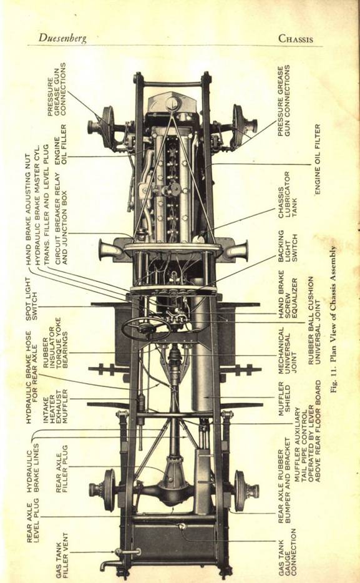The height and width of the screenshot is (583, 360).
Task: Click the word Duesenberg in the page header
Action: [x=62, y=38]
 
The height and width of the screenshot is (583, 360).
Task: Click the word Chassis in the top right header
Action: [x=296, y=39]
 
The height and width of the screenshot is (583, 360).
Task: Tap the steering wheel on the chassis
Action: [x=146, y=328]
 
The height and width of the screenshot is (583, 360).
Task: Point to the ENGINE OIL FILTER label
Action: [x=318, y=159]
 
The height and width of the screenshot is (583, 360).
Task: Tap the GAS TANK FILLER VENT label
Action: [x=62, y=555]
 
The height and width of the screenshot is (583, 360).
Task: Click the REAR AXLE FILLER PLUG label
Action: [x=62, y=469]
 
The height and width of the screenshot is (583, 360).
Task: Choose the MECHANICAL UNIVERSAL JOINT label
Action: [x=288, y=350]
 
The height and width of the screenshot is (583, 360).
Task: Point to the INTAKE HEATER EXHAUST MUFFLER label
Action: [x=55, y=406]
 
